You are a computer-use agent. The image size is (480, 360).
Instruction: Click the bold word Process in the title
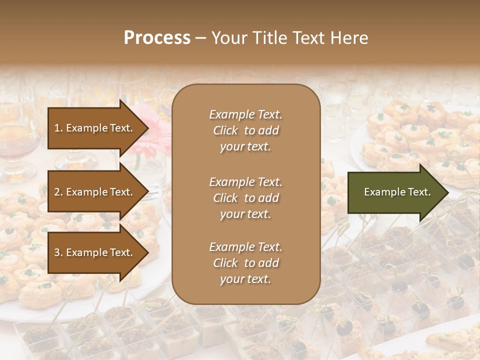[157, 38]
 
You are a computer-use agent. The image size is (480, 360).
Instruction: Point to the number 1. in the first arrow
[58, 128]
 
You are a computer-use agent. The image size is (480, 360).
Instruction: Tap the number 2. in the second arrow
[58, 192]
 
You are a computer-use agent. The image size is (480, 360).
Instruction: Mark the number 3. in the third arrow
[58, 253]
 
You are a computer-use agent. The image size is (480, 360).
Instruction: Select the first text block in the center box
[245, 130]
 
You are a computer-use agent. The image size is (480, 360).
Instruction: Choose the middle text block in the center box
[245, 198]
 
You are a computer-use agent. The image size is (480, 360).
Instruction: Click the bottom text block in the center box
[245, 263]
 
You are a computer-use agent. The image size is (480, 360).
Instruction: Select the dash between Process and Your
[200, 38]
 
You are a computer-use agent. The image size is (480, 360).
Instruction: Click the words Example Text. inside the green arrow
[397, 192]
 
